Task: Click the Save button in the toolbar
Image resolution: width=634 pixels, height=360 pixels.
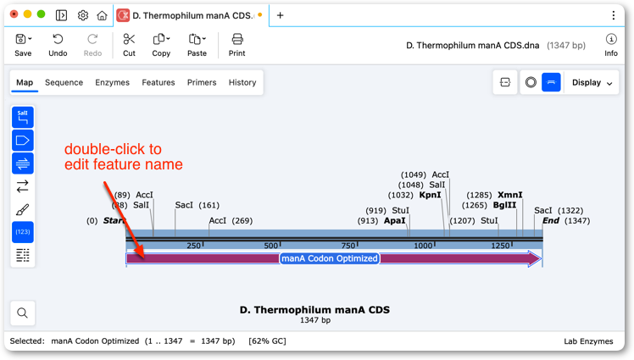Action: click(23, 45)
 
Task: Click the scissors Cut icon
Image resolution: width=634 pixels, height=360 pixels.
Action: click(129, 39)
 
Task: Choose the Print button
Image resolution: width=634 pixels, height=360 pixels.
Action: click(237, 45)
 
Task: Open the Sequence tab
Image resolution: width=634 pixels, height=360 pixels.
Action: click(64, 82)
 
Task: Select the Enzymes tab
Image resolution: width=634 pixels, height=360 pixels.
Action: click(113, 82)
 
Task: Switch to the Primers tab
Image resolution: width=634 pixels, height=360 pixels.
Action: click(202, 82)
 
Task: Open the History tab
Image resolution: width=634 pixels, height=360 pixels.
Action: click(242, 82)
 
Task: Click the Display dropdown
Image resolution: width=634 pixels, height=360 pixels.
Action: click(592, 82)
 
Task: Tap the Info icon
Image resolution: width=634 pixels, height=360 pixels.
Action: click(611, 39)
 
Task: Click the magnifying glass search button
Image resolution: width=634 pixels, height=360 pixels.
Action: click(23, 313)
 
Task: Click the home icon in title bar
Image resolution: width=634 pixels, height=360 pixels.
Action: click(102, 15)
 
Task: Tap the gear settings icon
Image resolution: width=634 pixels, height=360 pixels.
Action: click(83, 15)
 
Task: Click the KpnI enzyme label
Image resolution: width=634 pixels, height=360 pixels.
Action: click(431, 195)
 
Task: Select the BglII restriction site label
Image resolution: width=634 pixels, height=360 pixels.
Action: click(504, 205)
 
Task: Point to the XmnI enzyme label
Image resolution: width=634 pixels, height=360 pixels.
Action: click(510, 195)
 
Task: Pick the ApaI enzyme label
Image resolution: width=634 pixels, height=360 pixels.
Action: click(395, 221)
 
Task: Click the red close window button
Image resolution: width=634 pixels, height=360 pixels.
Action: click(14, 14)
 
